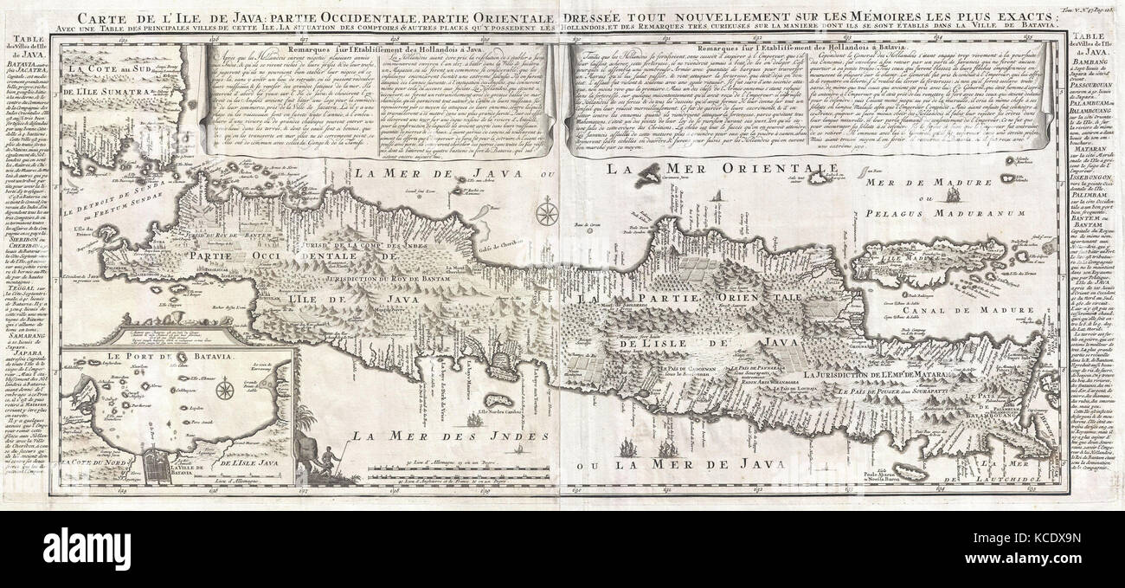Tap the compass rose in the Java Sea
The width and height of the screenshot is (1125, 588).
(x=546, y=211)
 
